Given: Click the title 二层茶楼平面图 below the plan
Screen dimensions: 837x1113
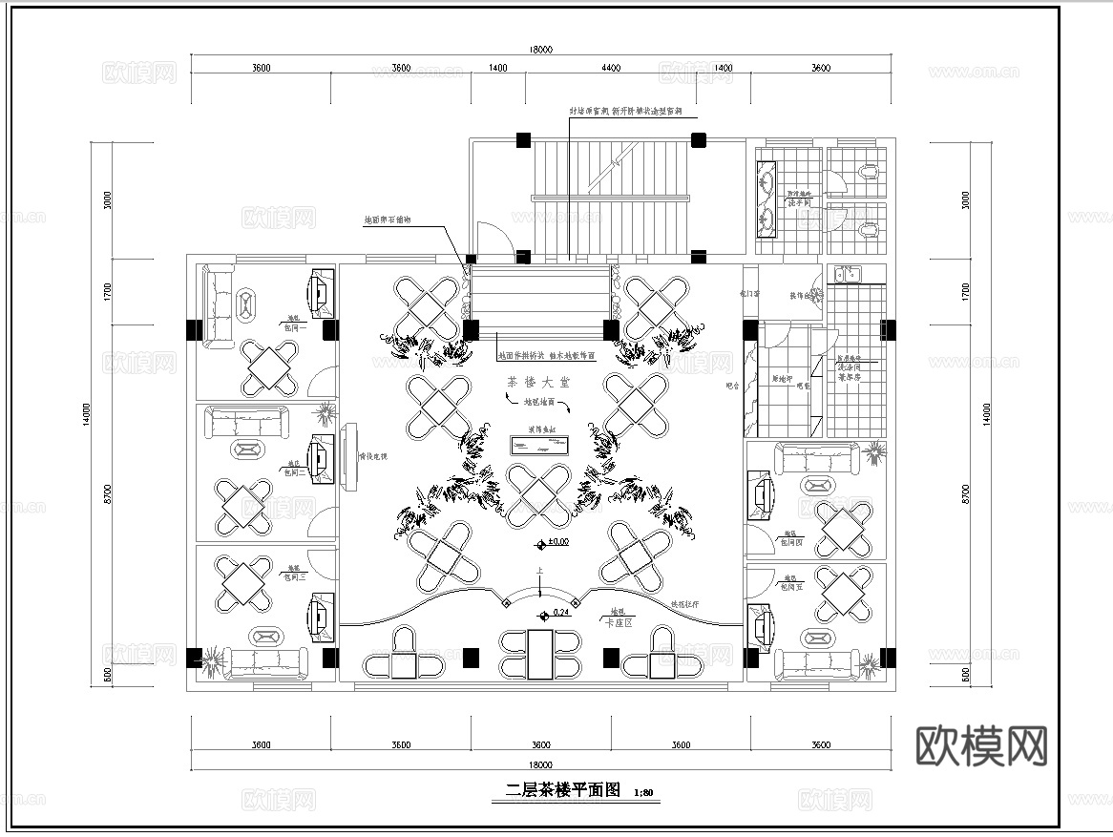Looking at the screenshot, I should point(563,790).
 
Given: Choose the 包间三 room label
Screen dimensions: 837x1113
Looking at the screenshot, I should point(292,575).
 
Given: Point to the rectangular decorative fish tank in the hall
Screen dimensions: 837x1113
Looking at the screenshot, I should point(540,445).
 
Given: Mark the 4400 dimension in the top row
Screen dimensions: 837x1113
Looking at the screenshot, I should point(611,68).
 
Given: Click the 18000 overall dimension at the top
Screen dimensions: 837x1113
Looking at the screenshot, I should point(540,50).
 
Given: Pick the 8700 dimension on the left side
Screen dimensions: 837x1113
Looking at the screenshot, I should point(108,494).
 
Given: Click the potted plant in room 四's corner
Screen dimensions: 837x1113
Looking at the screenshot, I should point(872,453).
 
